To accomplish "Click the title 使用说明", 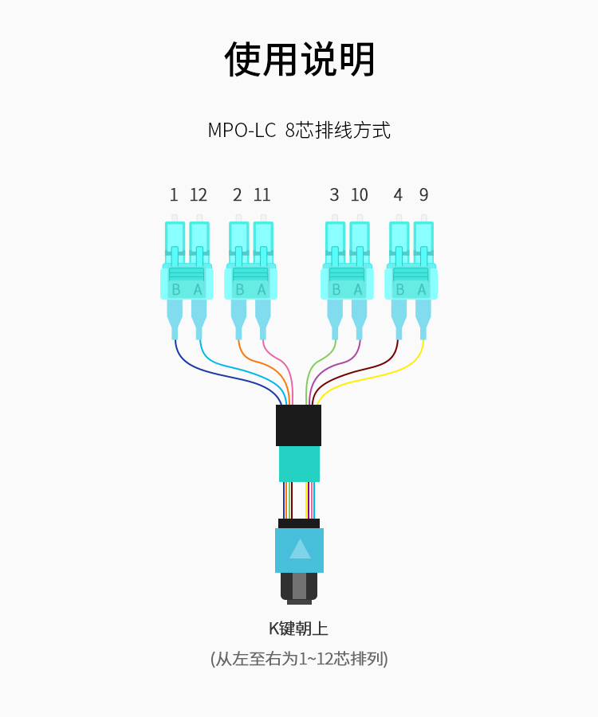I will (299, 60).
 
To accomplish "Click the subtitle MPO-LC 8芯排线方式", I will (299, 131).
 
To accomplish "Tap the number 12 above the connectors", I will (199, 195).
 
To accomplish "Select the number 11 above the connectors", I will (262, 195).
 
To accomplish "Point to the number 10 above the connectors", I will (359, 195).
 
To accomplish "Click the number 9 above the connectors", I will (423, 195).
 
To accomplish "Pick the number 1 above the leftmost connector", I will (174, 195).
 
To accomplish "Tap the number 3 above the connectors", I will (334, 195).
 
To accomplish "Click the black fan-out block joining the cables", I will (299, 425).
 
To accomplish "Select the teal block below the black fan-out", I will (299, 464).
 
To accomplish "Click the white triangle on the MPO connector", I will (300, 549).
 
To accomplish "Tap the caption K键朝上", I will (299, 629).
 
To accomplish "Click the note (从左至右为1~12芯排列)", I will (299, 659).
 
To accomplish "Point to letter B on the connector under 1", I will (175, 289).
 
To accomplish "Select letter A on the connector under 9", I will (422, 289).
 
